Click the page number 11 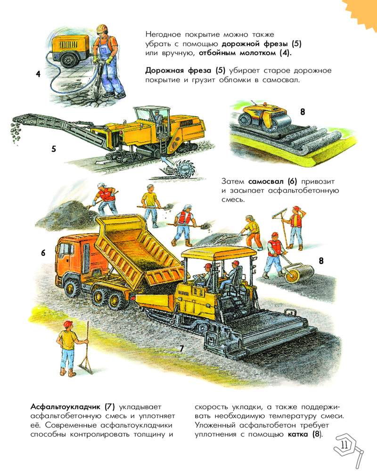344,445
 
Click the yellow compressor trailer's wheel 67,60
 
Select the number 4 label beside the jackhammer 38,74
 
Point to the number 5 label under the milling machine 54,149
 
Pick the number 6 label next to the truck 43,253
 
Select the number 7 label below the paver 181,349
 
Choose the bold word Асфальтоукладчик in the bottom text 66,407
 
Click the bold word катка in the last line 298,434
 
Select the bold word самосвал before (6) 266,181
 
